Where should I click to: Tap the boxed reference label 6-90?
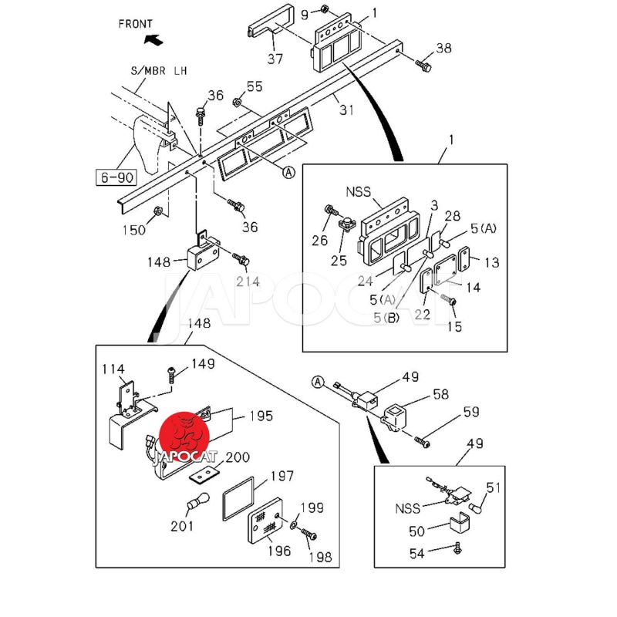[116, 178]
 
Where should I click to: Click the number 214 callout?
[248, 282]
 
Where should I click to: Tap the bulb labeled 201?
[198, 501]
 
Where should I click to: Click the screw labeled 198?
[308, 534]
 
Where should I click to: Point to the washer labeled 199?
[295, 527]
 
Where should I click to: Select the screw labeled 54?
[458, 548]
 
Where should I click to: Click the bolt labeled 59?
[421, 441]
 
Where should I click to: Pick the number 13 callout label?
[491, 262]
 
